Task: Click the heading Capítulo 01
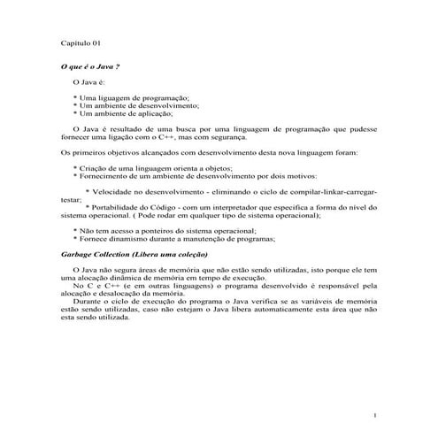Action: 79,42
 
